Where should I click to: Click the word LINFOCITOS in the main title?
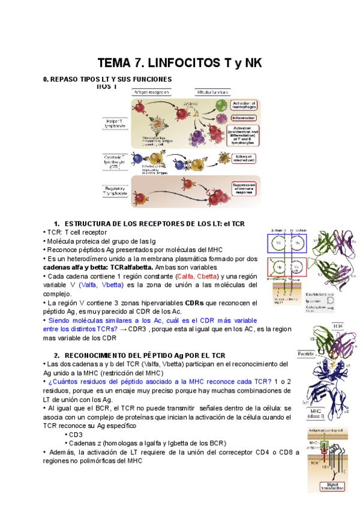(181, 63)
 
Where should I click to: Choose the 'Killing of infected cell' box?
(244, 158)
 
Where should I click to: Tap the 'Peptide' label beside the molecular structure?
(307, 354)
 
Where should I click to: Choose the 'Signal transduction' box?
(332, 487)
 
